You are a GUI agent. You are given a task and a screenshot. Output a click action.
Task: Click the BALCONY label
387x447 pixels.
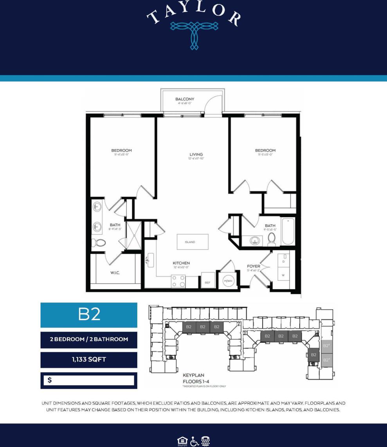tap(185, 99)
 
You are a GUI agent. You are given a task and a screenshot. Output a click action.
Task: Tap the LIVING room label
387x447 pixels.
tap(196, 154)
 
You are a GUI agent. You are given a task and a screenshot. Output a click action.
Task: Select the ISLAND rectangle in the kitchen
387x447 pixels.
tap(192, 242)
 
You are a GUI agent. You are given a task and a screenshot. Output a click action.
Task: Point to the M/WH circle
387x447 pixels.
tap(228, 281)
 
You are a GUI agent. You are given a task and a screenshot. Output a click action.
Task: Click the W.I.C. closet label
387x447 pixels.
tap(115, 273)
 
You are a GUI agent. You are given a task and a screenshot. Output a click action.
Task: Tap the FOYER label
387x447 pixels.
tap(254, 266)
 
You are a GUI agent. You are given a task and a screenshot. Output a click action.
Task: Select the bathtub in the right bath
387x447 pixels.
tap(288, 232)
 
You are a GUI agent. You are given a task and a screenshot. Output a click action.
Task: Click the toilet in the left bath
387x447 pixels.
tap(99, 243)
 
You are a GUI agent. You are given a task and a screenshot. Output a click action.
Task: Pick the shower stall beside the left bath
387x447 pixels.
tap(133, 235)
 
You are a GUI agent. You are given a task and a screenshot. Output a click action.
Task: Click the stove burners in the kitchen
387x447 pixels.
tap(179, 281)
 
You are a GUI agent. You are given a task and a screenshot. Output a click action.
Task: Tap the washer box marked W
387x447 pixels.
tap(283, 275)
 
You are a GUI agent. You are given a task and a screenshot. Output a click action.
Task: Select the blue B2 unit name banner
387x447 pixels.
tap(89, 315)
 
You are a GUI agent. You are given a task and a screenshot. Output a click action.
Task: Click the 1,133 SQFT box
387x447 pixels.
tap(89, 360)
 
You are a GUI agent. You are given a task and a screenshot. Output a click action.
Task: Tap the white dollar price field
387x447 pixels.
tap(89, 380)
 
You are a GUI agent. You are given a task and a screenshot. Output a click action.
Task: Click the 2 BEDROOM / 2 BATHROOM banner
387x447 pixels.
tap(89, 339)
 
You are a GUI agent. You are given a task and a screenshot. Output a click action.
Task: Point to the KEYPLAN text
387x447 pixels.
tap(193, 375)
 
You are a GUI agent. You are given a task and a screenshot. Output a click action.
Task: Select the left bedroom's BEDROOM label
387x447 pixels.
tap(121, 150)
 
